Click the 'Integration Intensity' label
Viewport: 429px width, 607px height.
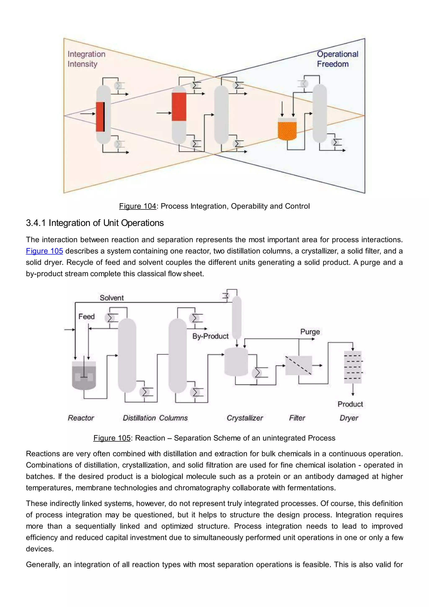pos(86,59)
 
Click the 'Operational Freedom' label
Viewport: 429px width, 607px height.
pos(337,59)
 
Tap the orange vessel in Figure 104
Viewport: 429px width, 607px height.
pos(287,130)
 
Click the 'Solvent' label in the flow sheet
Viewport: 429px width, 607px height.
pos(111,298)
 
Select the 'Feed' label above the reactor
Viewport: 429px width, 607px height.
pos(86,316)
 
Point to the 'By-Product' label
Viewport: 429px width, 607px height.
pos(210,336)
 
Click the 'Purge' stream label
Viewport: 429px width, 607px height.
pos(310,332)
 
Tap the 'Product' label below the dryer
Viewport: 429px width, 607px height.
pos(350,404)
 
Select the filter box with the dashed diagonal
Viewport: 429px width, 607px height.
pos(299,366)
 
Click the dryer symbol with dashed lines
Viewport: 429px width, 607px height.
pos(353,367)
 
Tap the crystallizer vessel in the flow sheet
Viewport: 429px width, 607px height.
pos(236,362)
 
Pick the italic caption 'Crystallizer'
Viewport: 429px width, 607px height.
pos(245,418)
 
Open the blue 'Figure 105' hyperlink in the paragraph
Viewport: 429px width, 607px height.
pos(44,251)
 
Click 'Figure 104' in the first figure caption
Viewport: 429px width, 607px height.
pos(137,206)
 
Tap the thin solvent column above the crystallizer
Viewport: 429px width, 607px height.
pos(236,317)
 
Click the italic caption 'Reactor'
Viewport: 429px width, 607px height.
pos(81,418)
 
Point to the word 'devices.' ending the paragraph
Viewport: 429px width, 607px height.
pos(40,549)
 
